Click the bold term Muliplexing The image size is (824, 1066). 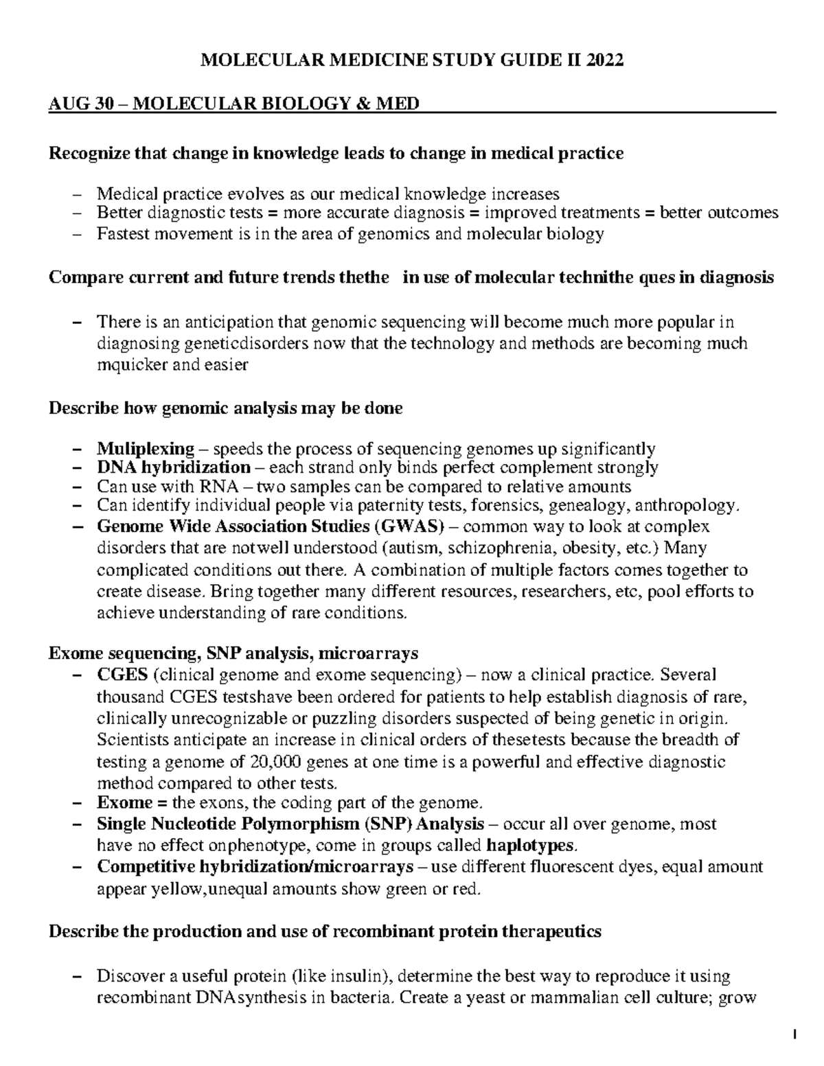(x=146, y=449)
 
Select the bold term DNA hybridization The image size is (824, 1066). (x=174, y=468)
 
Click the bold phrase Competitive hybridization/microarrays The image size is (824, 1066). (x=255, y=866)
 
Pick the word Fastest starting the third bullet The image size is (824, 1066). (x=121, y=233)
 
